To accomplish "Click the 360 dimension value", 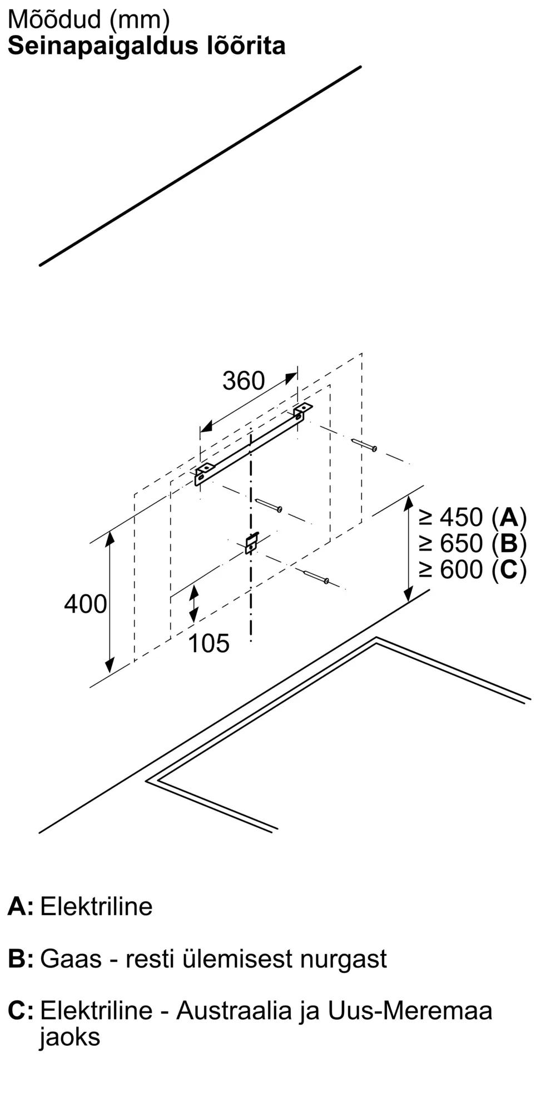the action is (x=244, y=381).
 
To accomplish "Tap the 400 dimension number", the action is (x=85, y=604).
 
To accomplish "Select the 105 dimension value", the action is (x=209, y=644).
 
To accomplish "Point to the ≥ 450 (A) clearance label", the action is (x=473, y=518).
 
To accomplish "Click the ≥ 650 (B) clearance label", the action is (x=473, y=543).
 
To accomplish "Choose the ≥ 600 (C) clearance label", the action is (x=473, y=569).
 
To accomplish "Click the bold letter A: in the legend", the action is (x=21, y=907).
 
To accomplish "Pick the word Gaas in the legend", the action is (x=71, y=959).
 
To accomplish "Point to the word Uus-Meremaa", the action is (x=410, y=1011).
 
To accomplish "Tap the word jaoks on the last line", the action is (x=69, y=1037).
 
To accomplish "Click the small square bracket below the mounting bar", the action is (x=251, y=543).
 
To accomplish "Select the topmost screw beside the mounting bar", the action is (x=365, y=445).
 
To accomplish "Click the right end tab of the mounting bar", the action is (x=302, y=411).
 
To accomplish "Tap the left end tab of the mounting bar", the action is (x=202, y=473).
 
